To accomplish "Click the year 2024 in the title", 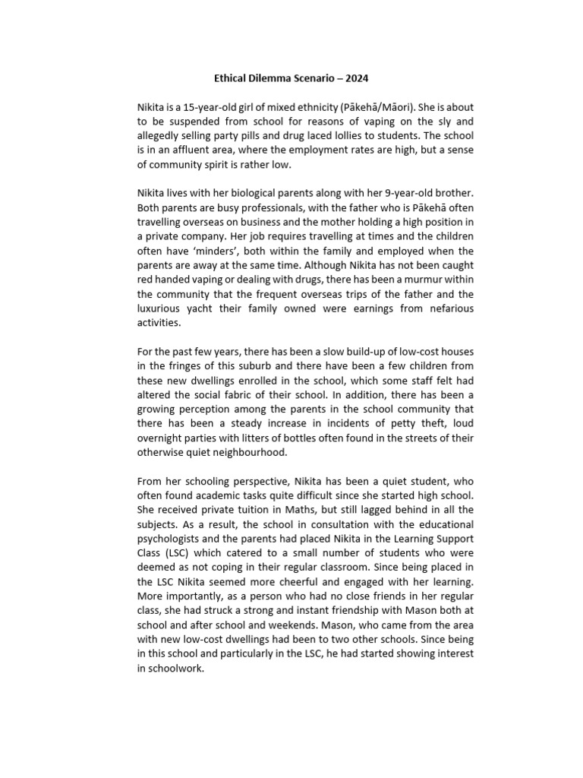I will tap(356, 78).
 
